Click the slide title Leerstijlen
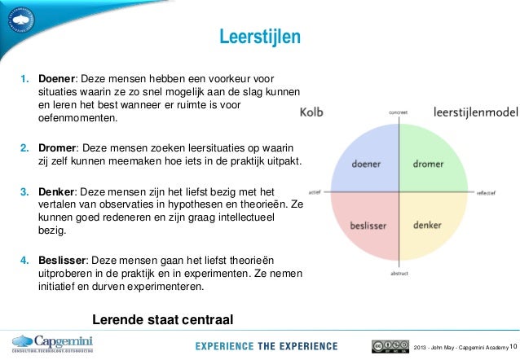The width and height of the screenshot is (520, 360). (260, 37)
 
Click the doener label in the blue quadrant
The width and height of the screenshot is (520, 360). (366, 163)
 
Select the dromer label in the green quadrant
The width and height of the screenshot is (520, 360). (430, 163)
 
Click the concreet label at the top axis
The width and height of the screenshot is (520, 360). (398, 112)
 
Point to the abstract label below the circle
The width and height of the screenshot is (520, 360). (398, 274)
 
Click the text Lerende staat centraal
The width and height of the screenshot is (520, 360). (163, 317)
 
